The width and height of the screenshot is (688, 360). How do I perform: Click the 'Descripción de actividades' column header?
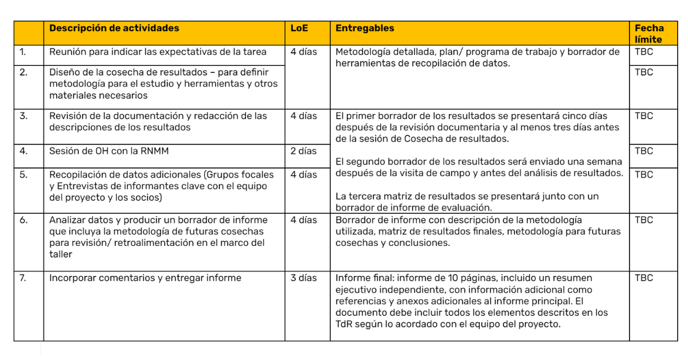[x=114, y=28]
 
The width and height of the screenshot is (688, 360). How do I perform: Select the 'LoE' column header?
[x=298, y=28]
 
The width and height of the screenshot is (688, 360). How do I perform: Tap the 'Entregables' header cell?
[x=365, y=28]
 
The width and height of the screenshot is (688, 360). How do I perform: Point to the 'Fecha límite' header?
[x=649, y=34]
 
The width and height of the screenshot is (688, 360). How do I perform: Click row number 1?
[x=23, y=52]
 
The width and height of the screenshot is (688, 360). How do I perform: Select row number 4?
[x=24, y=151]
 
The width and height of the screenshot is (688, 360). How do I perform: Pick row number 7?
[x=23, y=278]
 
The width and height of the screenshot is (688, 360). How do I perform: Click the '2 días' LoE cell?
[x=303, y=151]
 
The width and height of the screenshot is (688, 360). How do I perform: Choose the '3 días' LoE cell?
[x=303, y=278]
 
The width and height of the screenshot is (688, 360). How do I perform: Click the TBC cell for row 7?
[x=644, y=278]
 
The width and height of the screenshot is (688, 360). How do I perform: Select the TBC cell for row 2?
[x=644, y=72]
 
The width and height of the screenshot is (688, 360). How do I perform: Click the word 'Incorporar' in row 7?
[x=73, y=278]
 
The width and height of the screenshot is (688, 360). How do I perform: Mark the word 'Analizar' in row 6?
[x=67, y=220]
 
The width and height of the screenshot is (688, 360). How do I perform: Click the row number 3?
[x=24, y=116]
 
